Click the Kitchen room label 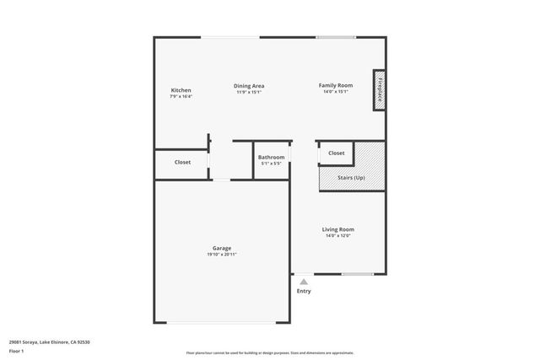[x=181, y=90]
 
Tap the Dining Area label [x=249, y=85]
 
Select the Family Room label [x=335, y=85]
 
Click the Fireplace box [x=380, y=89]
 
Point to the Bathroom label [x=271, y=157]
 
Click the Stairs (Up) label [x=351, y=178]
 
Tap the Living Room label [x=337, y=229]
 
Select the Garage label [x=221, y=248]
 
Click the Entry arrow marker [x=303, y=282]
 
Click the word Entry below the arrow [x=303, y=291]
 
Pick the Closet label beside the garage [x=182, y=162]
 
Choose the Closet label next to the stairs [x=336, y=153]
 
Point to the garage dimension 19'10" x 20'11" [x=221, y=255]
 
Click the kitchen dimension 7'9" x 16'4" [x=181, y=97]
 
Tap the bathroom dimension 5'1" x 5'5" [x=271, y=164]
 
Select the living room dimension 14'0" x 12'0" [x=337, y=236]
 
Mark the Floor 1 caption [x=17, y=350]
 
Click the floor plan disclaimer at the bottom [x=270, y=352]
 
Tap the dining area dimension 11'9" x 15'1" [x=249, y=92]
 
